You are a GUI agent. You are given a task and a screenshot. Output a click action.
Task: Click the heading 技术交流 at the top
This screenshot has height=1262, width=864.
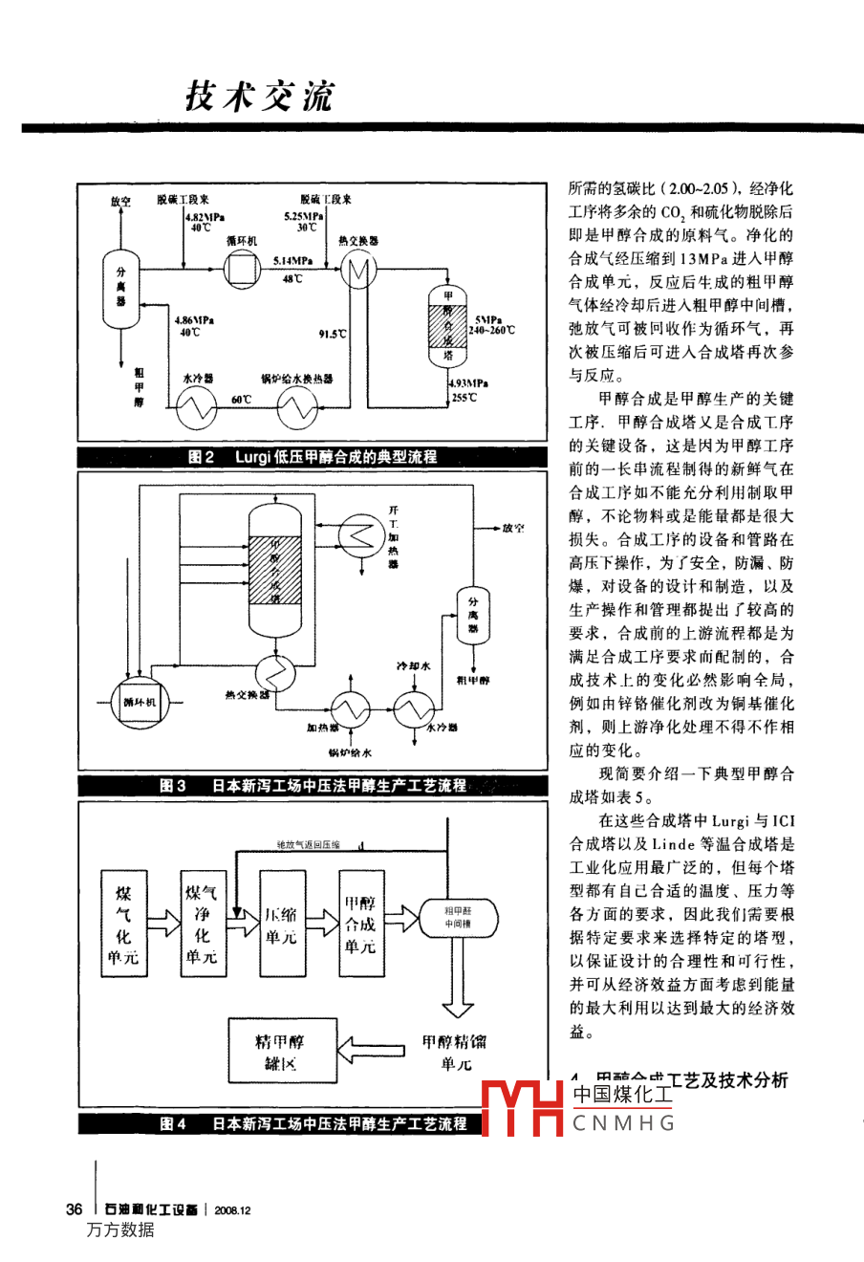pyautogui.click(x=259, y=97)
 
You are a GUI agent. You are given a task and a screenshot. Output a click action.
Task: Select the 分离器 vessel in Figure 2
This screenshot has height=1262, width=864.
pyautogui.click(x=120, y=288)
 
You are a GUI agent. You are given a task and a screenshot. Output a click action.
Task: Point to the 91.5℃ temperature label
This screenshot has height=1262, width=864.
pyautogui.click(x=333, y=334)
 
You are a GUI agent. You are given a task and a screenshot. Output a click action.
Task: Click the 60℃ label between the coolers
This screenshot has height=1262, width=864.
pyautogui.click(x=241, y=399)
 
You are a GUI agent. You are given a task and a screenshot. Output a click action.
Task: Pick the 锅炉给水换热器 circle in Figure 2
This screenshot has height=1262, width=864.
pyautogui.click(x=297, y=408)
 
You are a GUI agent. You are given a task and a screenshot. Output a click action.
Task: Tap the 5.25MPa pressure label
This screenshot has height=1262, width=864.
pyautogui.click(x=303, y=216)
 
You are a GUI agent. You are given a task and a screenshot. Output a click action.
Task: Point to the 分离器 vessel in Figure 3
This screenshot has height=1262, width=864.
pyautogui.click(x=472, y=613)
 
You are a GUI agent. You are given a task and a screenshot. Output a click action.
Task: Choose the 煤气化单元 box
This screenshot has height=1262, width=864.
pyautogui.click(x=123, y=924)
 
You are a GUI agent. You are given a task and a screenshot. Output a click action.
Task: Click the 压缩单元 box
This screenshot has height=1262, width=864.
pyautogui.click(x=282, y=924)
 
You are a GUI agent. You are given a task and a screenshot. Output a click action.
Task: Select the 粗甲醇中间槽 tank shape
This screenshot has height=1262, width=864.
pyautogui.click(x=457, y=917)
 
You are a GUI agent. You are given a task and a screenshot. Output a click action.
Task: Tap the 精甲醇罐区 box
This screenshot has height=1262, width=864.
pyautogui.click(x=280, y=1052)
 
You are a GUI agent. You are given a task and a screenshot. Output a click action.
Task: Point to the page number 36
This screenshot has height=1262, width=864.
pyautogui.click(x=74, y=1209)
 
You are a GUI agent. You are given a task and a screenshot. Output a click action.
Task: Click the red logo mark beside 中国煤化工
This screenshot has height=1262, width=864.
pyautogui.click(x=521, y=1108)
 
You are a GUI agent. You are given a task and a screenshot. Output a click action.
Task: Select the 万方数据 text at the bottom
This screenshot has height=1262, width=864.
pyautogui.click(x=120, y=1230)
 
